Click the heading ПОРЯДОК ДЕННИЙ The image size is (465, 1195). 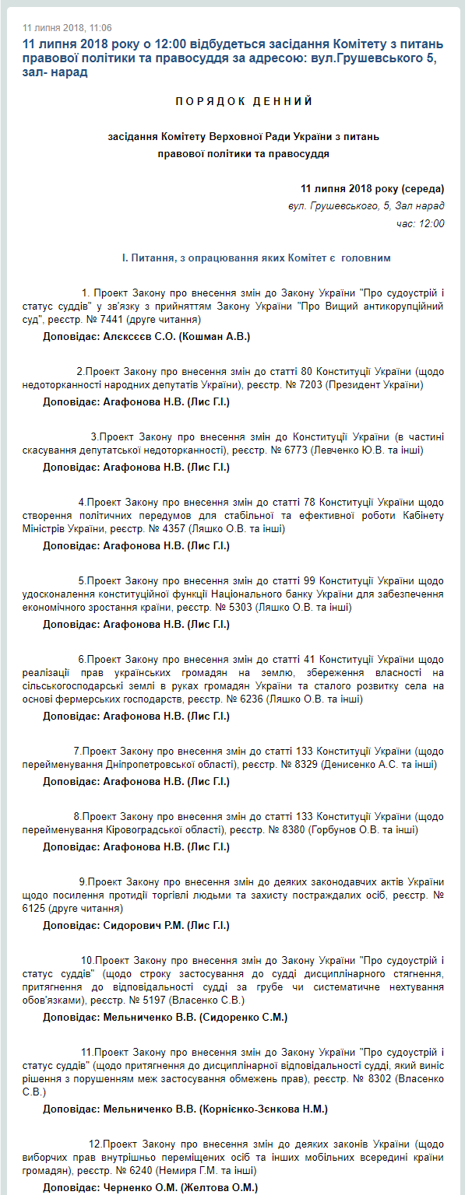coord(244,102)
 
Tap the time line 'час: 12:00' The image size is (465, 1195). coord(420,223)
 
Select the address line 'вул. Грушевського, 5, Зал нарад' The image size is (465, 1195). coord(366,206)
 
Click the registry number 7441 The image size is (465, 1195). coord(108,320)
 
